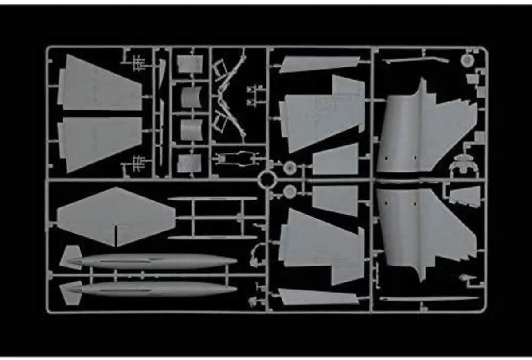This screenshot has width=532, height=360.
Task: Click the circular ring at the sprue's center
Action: coord(267,180)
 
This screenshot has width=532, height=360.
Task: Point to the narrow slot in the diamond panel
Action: coord(116,235)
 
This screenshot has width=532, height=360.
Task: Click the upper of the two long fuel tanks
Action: coord(155,261)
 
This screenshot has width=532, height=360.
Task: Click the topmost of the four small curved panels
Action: coord(190,64)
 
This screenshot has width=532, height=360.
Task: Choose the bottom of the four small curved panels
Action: coord(190,163)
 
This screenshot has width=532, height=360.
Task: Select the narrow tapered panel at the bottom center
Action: coord(317,297)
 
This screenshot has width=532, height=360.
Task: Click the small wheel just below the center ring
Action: coord(289,191)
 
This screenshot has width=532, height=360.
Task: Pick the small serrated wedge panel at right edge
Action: coord(465,196)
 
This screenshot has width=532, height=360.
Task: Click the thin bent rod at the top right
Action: coord(415,59)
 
